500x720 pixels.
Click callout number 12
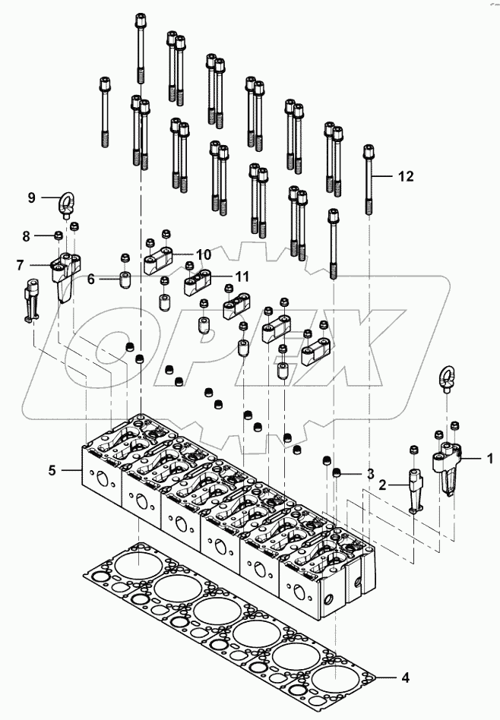tap(406, 176)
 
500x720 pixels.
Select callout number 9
tap(32, 197)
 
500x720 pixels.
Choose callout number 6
tap(90, 279)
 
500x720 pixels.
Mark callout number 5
tap(52, 471)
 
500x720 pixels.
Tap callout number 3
tap(370, 474)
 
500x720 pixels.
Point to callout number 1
tap(489, 458)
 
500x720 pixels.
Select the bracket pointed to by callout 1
tap(448, 466)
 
